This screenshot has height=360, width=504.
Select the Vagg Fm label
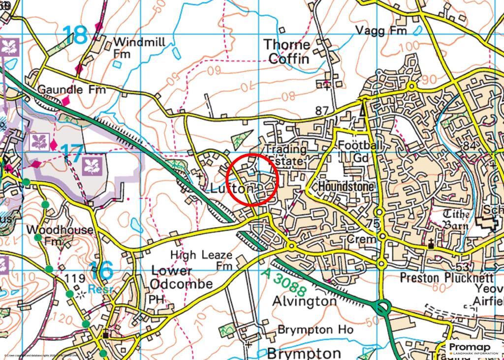(x=381, y=30)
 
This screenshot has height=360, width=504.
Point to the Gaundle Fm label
(x=72, y=90)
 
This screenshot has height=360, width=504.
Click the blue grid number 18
(x=75, y=35)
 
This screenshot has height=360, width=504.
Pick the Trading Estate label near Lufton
(x=286, y=155)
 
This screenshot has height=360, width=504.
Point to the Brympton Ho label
(x=315, y=330)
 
